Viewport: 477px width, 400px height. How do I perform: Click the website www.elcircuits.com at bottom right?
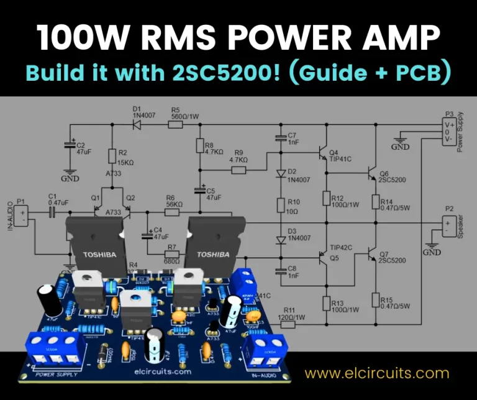click(x=376, y=373)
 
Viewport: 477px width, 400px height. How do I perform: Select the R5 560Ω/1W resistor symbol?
click(x=175, y=124)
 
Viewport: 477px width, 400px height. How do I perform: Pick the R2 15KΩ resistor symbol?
click(x=112, y=156)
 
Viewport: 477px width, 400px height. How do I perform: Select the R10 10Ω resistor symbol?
click(x=279, y=205)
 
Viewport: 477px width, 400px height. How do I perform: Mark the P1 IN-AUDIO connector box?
click(x=21, y=216)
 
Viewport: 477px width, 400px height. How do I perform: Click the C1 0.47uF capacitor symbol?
click(x=52, y=212)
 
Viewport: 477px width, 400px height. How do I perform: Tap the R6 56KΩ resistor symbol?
click(x=172, y=212)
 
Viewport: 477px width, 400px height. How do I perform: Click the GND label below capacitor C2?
click(x=70, y=179)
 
